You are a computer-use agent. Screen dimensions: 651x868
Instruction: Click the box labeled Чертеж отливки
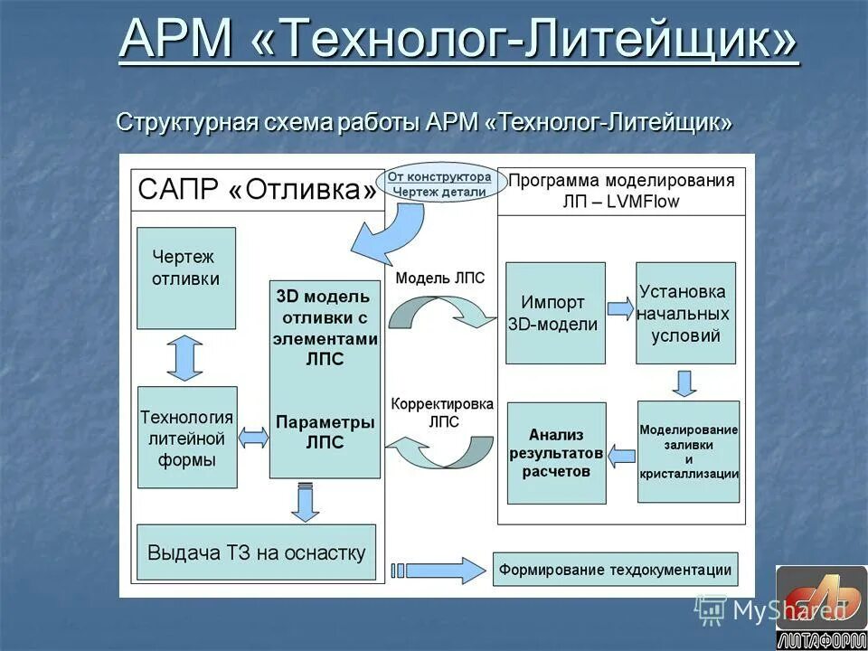coord(186,278)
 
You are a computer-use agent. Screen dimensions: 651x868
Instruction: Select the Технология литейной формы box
coord(187,439)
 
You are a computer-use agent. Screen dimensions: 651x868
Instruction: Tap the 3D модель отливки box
coord(325,379)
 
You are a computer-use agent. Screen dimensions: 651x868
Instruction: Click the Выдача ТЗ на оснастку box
coord(256,552)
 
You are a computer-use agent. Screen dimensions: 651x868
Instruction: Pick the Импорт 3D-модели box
coord(555,313)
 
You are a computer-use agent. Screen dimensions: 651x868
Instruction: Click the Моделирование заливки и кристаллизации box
coord(688,451)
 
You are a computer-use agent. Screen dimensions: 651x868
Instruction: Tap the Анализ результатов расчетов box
coord(556,453)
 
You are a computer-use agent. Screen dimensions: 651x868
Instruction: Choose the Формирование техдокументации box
coord(615,570)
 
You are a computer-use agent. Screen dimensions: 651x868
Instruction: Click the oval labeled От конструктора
coord(439,184)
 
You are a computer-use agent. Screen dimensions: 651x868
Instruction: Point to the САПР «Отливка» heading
coord(257,191)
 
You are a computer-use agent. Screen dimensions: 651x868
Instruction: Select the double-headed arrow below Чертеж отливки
coord(185,357)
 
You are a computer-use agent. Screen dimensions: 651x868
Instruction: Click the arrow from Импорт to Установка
coord(620,309)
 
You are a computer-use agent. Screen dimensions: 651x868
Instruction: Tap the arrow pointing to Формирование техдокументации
coord(439,570)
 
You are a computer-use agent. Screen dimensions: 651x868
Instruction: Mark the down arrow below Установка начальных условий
coord(685,382)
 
